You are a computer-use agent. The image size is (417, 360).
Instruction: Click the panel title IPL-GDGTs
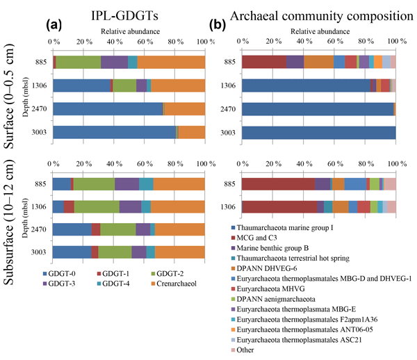click(x=130, y=12)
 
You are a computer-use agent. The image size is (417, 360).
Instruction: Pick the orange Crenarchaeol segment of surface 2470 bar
click(x=184, y=109)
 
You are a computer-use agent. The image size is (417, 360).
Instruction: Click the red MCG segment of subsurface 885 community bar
click(x=278, y=183)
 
